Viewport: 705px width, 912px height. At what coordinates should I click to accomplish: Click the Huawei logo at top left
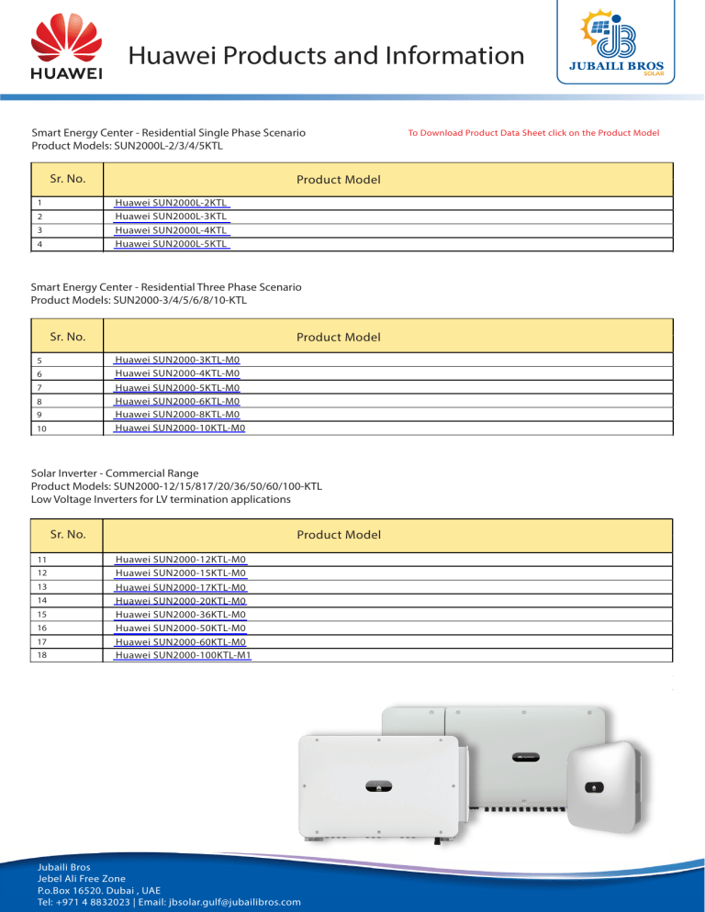[x=67, y=47]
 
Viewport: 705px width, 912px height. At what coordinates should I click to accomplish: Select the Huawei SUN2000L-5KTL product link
[x=171, y=244]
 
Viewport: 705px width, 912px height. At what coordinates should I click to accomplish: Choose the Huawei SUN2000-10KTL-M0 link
[x=180, y=428]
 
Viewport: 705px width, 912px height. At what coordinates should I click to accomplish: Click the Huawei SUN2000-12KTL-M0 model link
[x=180, y=559]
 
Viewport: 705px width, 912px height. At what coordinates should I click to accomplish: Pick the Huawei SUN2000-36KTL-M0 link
[x=180, y=614]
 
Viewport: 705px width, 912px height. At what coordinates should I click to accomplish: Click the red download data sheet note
[x=533, y=133]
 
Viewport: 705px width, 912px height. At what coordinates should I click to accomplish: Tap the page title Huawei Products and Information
[x=327, y=57]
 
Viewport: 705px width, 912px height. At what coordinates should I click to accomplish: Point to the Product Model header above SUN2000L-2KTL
[x=338, y=180]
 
